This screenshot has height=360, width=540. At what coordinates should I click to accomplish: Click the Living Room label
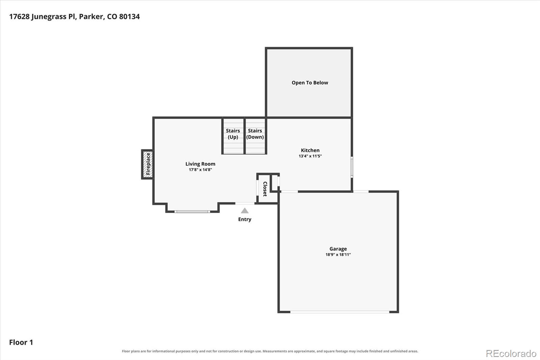(200, 164)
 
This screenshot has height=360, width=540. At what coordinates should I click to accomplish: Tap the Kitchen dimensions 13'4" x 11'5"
(310, 156)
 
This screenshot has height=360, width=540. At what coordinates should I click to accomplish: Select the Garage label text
(338, 249)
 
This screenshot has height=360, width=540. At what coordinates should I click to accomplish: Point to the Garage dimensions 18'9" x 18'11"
(338, 255)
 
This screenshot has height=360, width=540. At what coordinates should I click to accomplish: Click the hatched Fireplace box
(147, 164)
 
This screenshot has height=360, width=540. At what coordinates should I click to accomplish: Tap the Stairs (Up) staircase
(233, 136)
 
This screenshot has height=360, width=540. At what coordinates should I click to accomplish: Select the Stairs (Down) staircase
(255, 136)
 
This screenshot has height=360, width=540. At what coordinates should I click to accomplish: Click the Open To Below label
(310, 83)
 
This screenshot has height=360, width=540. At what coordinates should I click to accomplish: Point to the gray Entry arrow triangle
(245, 211)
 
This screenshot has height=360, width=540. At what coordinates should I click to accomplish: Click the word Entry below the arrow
(245, 219)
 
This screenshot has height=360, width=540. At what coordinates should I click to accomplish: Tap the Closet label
(265, 189)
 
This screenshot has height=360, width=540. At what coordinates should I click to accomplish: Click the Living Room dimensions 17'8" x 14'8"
(200, 170)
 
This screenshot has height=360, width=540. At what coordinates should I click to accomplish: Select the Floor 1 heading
(21, 342)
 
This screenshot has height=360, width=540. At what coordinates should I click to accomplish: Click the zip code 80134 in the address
(130, 17)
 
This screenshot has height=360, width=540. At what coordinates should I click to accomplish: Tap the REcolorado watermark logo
(511, 354)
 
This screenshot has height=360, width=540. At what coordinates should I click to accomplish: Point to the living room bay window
(192, 212)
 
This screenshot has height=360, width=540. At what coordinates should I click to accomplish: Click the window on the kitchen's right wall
(352, 167)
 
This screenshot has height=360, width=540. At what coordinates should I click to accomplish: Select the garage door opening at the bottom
(340, 312)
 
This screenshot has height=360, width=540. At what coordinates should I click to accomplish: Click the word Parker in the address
(91, 17)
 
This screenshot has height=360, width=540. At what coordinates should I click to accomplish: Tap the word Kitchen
(310, 150)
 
